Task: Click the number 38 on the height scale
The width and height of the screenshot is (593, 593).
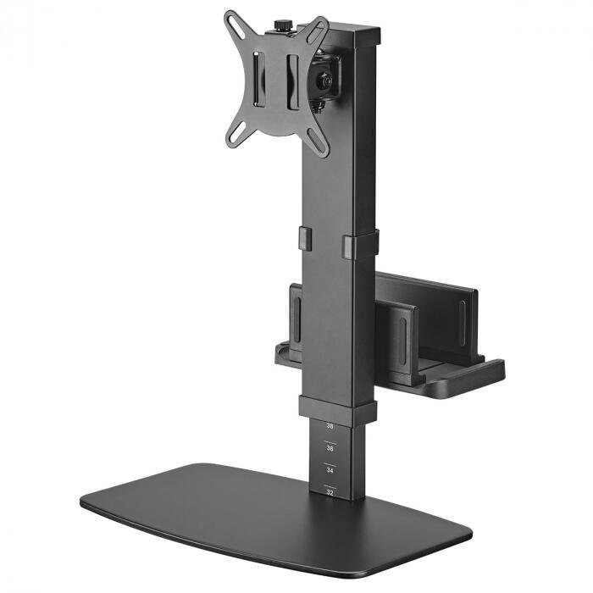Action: pyautogui.click(x=330, y=427)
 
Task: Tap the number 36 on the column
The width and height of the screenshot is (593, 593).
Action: pyautogui.click(x=330, y=447)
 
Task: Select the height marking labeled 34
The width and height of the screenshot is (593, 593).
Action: pyautogui.click(x=330, y=468)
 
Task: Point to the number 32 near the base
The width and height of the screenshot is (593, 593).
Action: pyautogui.click(x=330, y=490)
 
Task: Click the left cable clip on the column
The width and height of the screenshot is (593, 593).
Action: pyautogui.click(x=305, y=239)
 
